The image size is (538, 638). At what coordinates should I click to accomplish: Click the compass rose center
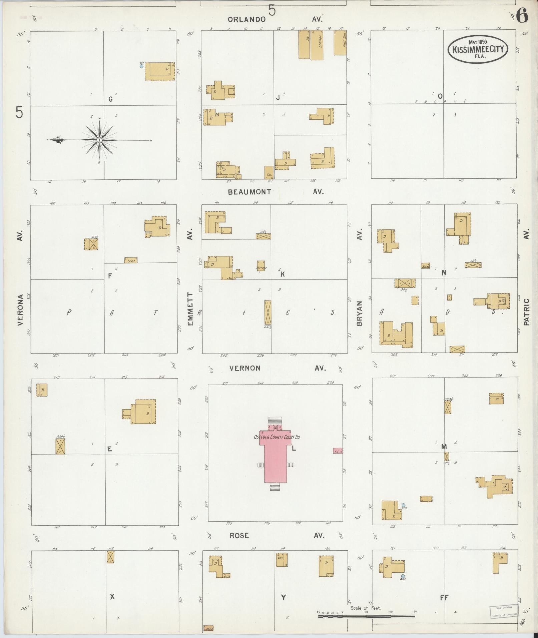point(99,140)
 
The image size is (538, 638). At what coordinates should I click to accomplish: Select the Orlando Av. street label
point(246,19)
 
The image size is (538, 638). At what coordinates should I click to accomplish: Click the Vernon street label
point(245,368)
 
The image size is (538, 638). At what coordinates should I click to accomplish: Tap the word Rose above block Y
point(239,535)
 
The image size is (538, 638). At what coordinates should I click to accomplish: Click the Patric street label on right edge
point(526,311)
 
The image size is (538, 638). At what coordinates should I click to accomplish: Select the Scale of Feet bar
point(367,616)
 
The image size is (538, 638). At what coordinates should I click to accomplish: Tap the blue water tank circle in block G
point(141,66)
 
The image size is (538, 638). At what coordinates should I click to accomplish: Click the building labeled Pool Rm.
point(340,43)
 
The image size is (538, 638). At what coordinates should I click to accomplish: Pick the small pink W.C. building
point(338,451)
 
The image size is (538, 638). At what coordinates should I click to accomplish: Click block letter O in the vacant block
point(440,96)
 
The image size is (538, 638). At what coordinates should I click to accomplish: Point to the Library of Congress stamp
point(504,610)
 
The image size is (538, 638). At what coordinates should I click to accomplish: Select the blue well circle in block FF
point(403,576)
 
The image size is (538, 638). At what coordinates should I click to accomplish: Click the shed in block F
point(131,260)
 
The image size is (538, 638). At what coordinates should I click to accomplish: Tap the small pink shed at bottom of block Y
point(208,628)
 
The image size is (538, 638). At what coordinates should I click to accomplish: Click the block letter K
point(282,274)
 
